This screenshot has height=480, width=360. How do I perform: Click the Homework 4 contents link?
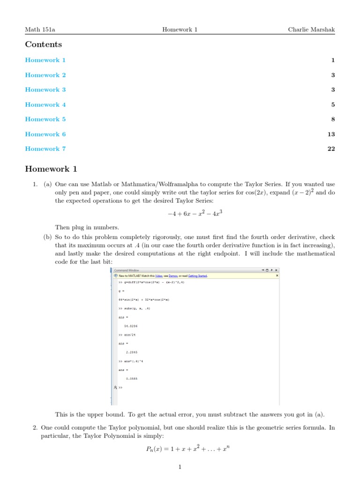[x=45, y=105]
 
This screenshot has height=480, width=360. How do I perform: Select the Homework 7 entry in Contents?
[x=45, y=149]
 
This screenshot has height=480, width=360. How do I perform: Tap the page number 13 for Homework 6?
[x=331, y=134]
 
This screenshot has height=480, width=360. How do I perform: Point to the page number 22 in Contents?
[x=331, y=149]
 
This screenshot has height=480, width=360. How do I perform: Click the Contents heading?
[x=43, y=45]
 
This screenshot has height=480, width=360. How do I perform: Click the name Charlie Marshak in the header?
[x=311, y=30]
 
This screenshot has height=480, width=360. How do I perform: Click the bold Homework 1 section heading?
[x=51, y=169]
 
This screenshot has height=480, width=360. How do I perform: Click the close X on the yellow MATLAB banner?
[x=277, y=276]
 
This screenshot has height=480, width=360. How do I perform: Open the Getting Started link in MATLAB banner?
[x=197, y=276]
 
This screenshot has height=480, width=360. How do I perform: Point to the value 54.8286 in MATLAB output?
[x=131, y=325]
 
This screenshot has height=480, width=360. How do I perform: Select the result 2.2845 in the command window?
[x=132, y=352]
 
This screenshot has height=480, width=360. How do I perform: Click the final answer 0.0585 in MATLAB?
[x=132, y=378]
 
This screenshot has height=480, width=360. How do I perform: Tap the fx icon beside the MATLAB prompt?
[x=115, y=388]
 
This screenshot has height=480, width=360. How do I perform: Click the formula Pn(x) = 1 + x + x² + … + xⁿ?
[x=187, y=449]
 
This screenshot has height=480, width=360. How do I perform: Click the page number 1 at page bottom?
[x=180, y=467]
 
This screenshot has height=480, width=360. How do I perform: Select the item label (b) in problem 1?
[x=47, y=238]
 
